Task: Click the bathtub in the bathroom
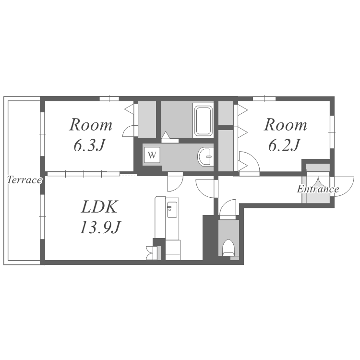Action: tap(203, 120)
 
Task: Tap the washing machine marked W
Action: tap(152, 155)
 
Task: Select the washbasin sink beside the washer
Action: tap(205, 157)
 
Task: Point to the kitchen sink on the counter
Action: tap(172, 210)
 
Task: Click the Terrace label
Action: tap(24, 180)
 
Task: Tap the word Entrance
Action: tap(318, 189)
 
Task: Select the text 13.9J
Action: tap(100, 227)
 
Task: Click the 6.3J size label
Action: tap(90, 145)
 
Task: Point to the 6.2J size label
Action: tap(285, 145)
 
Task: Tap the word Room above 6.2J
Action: tap(286, 125)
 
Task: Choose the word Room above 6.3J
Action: tap(91, 125)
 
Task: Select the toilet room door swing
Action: tap(223, 204)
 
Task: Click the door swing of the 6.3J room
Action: tap(126, 129)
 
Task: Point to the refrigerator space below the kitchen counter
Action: tap(173, 250)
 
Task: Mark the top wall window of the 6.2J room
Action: tap(264, 99)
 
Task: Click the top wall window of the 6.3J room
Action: tap(109, 99)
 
